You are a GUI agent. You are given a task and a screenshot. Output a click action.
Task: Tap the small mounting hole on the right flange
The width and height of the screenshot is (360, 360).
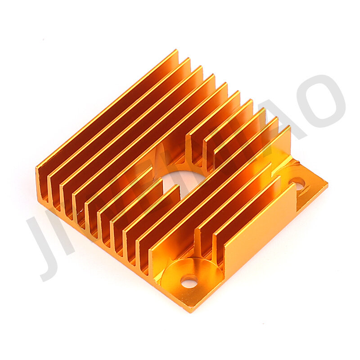pyautogui.click(x=297, y=183)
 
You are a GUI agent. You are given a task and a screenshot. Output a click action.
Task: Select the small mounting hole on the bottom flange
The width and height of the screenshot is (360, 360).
pyautogui.click(x=189, y=282)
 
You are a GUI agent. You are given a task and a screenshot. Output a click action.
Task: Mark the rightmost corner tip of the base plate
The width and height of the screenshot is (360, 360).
pyautogui.click(x=326, y=184)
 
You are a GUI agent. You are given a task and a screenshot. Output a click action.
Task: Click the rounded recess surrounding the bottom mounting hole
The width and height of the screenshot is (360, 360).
pyautogui.click(x=187, y=270)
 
